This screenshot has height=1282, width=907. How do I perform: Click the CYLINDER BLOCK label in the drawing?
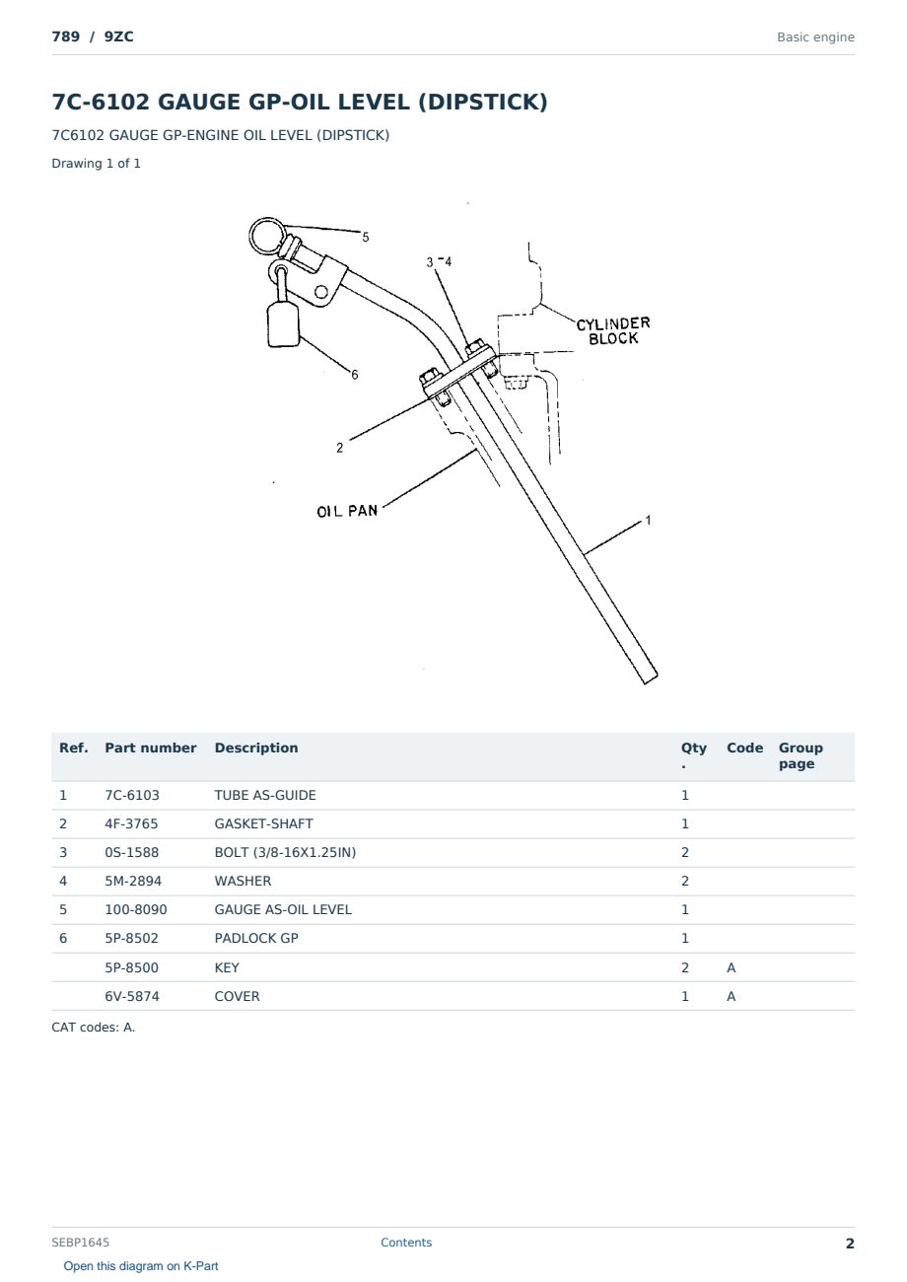[x=613, y=330]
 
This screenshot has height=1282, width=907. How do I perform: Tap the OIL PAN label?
[x=347, y=511]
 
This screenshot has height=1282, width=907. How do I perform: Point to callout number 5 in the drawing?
[x=366, y=237]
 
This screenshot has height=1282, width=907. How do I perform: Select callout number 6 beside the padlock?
[x=355, y=375]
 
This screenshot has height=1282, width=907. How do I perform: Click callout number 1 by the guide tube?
[x=648, y=521]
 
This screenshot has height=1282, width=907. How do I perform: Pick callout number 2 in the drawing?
[x=340, y=448]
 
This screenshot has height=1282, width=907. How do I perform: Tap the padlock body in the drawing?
[x=283, y=324]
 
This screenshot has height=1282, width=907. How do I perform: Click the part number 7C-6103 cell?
[x=132, y=795]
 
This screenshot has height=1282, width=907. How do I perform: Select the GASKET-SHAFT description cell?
[x=263, y=823]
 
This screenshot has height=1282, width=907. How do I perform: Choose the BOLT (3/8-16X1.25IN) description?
[x=285, y=852]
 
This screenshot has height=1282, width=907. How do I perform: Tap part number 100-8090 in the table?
[x=136, y=909]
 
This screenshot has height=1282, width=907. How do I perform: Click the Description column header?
[x=255, y=748]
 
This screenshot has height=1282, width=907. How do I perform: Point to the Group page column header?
[x=801, y=755]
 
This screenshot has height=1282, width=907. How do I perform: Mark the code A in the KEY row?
[x=731, y=967]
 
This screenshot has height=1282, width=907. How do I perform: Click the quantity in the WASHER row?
[x=685, y=881]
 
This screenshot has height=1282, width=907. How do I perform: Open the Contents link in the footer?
[x=406, y=1242]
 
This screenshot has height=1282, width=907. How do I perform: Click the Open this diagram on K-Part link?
[x=141, y=1265]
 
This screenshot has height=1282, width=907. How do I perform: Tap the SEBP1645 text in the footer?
[x=80, y=1242]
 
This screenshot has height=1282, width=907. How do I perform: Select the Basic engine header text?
[x=815, y=37]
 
